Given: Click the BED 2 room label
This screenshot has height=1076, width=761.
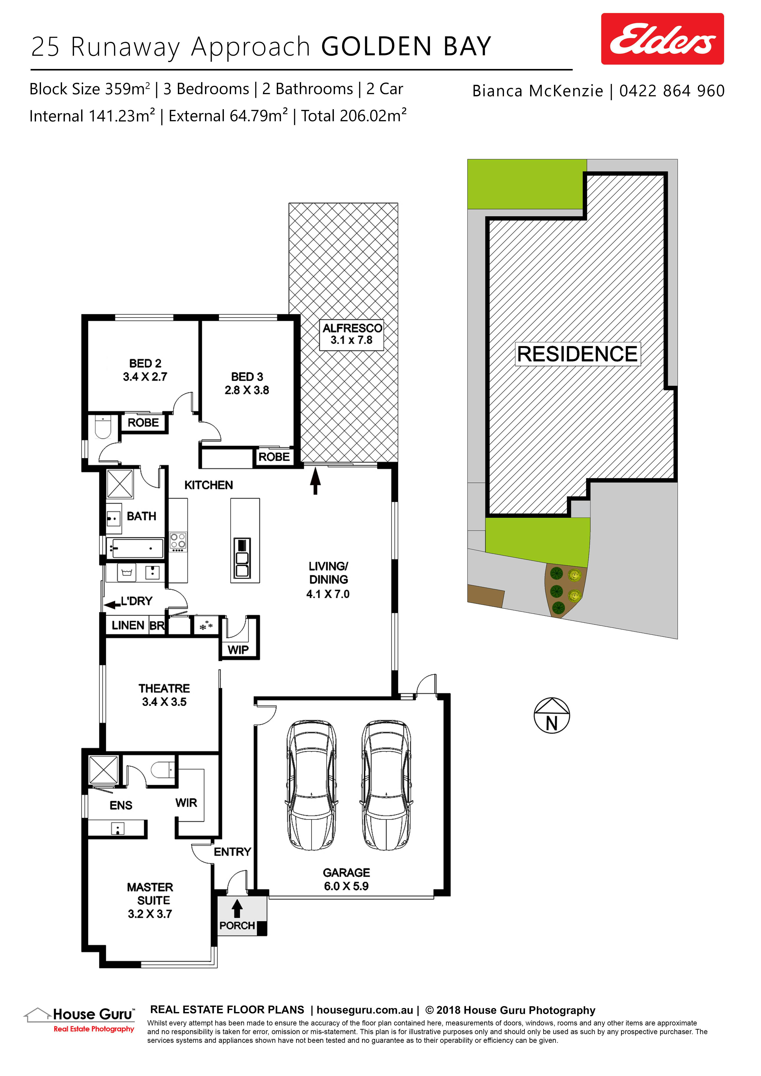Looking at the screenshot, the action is pyautogui.click(x=145, y=370).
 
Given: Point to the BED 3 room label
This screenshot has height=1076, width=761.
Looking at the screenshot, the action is pyautogui.click(x=247, y=383).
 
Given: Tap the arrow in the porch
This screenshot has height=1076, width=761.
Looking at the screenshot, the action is pyautogui.click(x=237, y=908).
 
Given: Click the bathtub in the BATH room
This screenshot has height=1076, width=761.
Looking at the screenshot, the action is pyautogui.click(x=135, y=548).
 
